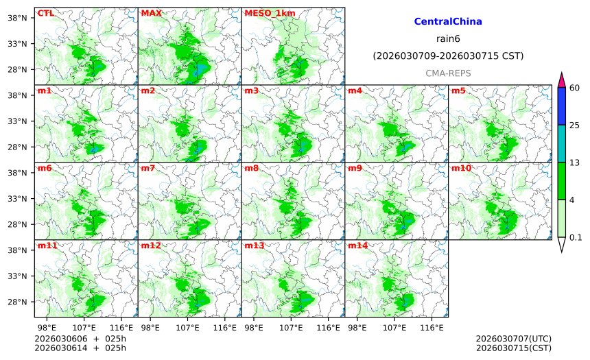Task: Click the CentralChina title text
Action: click(448, 22)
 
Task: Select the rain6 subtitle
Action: click(448, 38)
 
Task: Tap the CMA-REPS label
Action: click(448, 73)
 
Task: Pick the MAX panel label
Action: click(151, 13)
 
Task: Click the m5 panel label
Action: click(458, 91)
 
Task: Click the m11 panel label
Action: click(47, 245)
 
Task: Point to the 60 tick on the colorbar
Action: click(575, 88)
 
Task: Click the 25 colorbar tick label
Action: click(575, 125)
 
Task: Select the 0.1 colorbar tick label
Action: click(576, 238)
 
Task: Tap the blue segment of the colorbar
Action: click(561, 106)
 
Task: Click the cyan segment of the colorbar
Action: click(561, 143)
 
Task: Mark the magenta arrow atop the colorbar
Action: click(561, 80)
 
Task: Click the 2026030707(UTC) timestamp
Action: click(513, 339)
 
